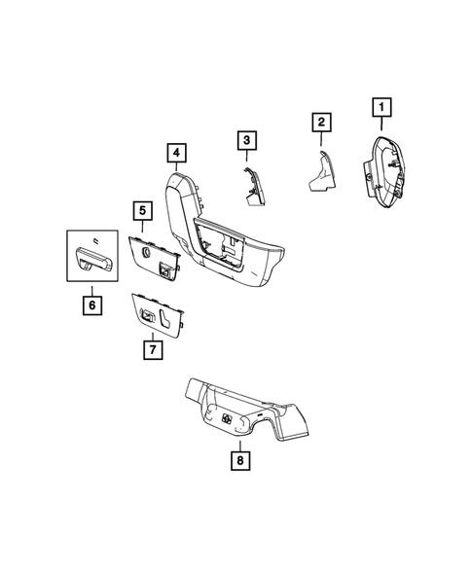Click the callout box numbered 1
coord(381,106)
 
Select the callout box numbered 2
coord(319,123)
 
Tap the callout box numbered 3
coord(247,141)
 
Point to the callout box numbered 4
coord(175,153)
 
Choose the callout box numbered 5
coord(141,209)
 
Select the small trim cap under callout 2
coord(321,172)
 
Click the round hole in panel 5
coord(145,255)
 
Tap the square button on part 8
coord(226,419)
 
